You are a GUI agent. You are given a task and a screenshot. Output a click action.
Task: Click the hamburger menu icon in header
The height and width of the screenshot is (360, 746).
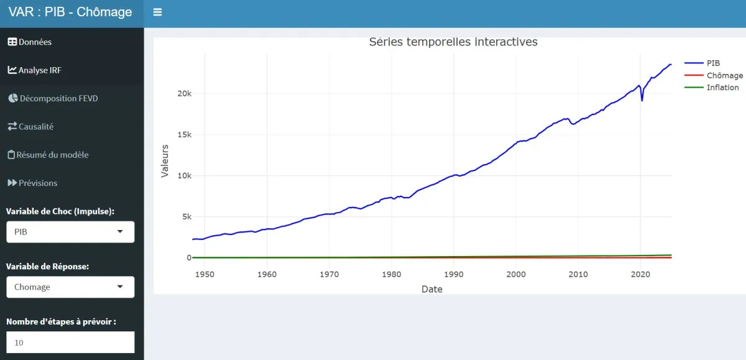[x=157, y=12]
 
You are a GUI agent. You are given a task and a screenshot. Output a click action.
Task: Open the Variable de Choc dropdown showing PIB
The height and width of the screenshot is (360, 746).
[x=70, y=232]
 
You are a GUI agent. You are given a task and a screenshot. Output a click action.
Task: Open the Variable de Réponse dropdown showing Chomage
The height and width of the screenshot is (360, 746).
[x=70, y=287]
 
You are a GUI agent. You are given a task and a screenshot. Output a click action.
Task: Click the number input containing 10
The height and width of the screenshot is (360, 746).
[x=70, y=342]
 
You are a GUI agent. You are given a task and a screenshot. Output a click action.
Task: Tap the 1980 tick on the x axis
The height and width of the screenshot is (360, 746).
[x=392, y=274]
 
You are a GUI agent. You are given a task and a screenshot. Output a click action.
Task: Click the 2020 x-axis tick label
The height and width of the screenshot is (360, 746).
[x=640, y=274]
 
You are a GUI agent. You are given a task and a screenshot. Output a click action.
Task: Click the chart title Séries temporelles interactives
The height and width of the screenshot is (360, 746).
[x=453, y=42]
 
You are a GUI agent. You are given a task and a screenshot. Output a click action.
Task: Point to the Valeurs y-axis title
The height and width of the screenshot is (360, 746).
[x=165, y=161]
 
